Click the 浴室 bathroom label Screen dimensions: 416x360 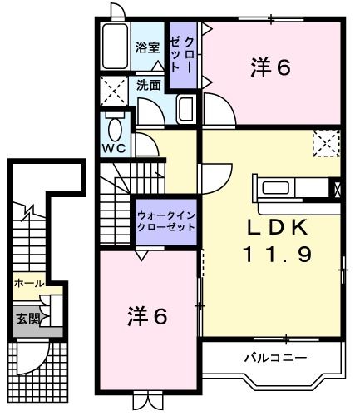pyautogui.click(x=148, y=48)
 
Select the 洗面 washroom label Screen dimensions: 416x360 pyautogui.click(x=149, y=84)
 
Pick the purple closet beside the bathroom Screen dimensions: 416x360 pyautogui.click(x=183, y=54)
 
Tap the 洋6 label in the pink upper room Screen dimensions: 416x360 pyautogui.click(x=270, y=69)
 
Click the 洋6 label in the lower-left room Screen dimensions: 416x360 pyautogui.click(x=147, y=316)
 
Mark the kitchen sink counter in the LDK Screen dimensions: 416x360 pyautogui.click(x=291, y=186)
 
